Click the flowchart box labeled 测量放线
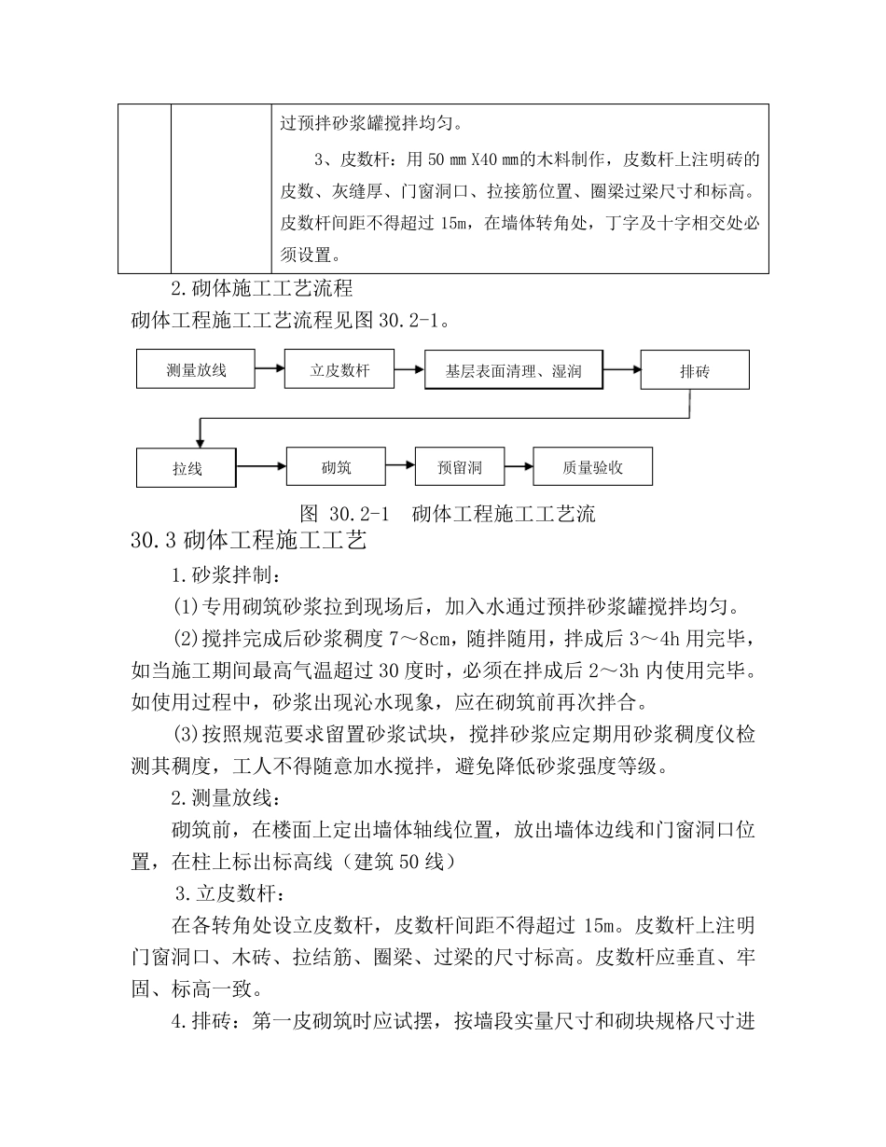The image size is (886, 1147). coord(196,370)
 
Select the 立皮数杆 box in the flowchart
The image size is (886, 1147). coord(339,370)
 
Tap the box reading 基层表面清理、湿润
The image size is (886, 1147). coord(514,371)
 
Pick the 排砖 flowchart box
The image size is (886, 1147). coord(695,371)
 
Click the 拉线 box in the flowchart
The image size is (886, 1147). coord(187,468)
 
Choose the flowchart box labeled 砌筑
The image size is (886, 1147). coord(336,466)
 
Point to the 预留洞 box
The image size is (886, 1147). coord(460,467)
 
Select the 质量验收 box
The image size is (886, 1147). coord(592,467)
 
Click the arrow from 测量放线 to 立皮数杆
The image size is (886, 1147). coord(270,368)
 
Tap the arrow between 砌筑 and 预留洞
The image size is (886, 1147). coord(400,465)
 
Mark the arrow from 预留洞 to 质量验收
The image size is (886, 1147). coord(519,465)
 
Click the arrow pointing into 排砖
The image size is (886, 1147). coord(622,370)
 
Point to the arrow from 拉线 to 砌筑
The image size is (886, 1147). coord(261,465)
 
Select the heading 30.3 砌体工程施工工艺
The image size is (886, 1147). coord(250,540)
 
